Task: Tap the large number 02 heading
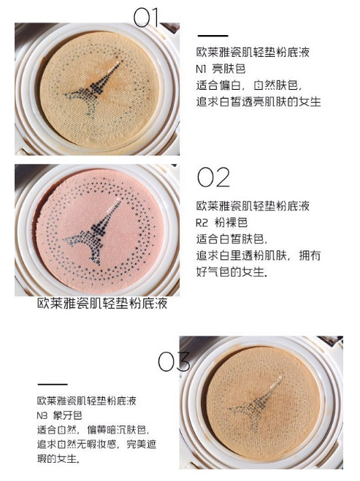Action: [213, 177]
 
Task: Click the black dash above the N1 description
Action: [212, 35]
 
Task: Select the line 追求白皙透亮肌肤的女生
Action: [258, 101]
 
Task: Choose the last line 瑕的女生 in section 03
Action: [58, 460]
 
